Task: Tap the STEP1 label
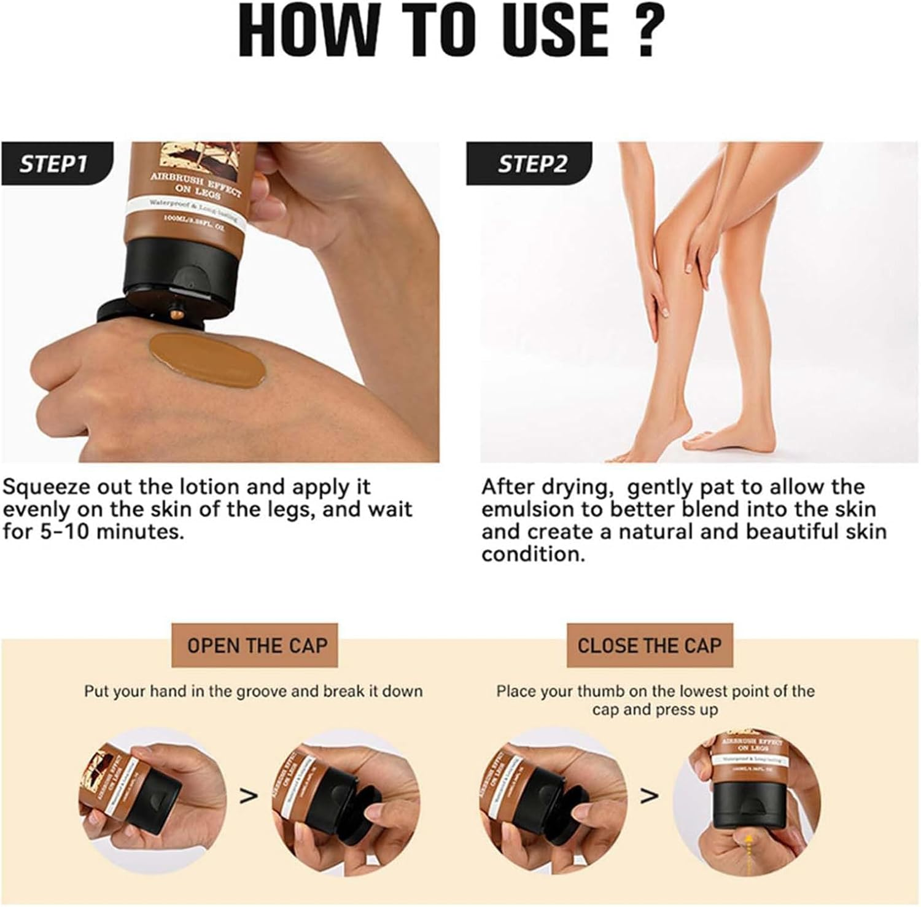click(53, 164)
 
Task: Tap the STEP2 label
click(532, 164)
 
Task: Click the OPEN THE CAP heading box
click(257, 645)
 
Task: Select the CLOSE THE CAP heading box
click(649, 645)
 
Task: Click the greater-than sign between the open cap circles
click(248, 796)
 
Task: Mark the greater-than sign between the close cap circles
click(649, 796)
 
